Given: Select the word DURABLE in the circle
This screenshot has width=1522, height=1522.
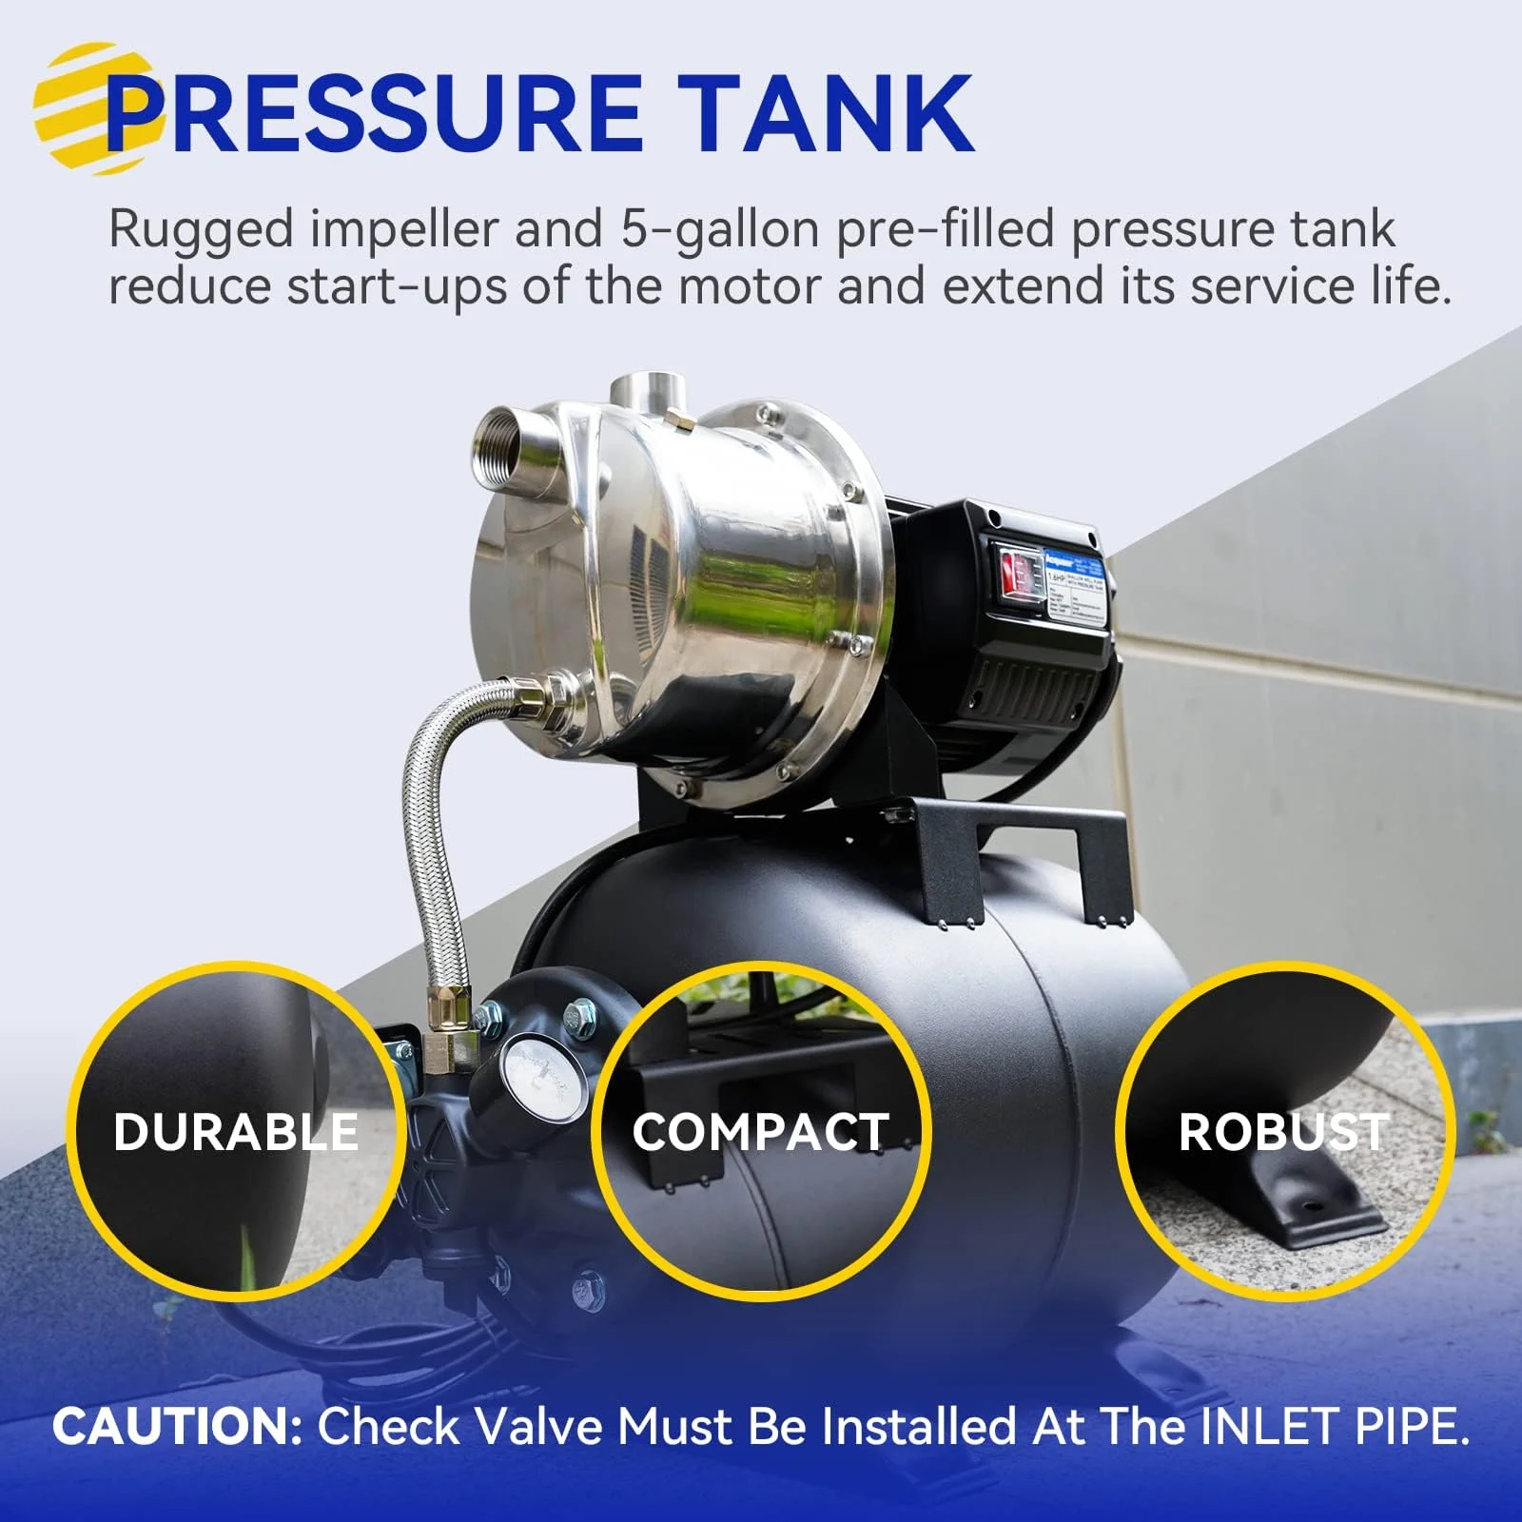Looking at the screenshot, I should [x=236, y=1132].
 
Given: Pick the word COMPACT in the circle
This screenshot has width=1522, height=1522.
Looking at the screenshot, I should [x=761, y=1132].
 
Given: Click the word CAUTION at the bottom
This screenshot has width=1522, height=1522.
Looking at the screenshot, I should [x=177, y=1426].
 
